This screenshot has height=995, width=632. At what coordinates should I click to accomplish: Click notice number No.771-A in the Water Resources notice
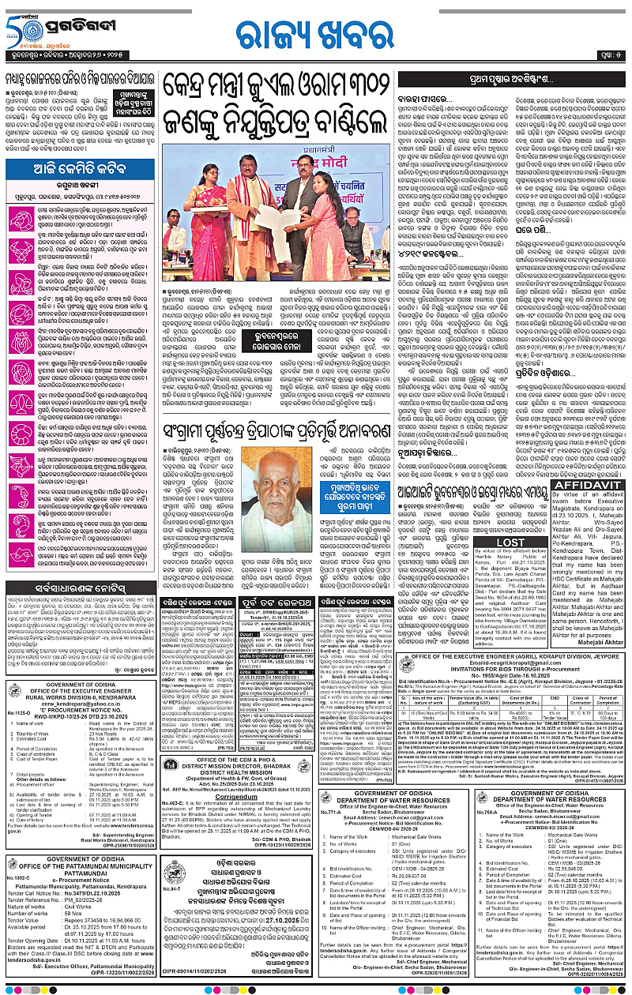331,813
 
